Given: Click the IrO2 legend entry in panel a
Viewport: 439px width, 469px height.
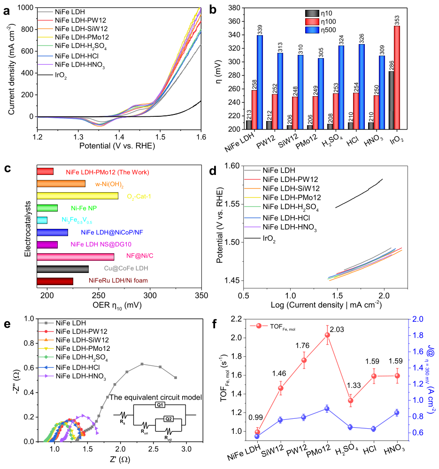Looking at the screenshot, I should [x=61, y=76].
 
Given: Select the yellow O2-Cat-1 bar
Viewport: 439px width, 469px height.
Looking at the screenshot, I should [x=77, y=196].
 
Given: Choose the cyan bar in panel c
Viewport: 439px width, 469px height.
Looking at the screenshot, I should [x=42, y=220].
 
